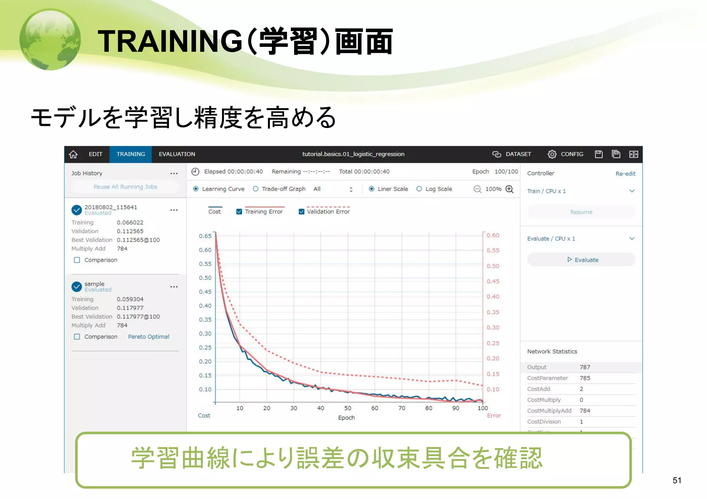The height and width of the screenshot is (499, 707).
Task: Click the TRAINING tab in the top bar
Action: coord(130,154)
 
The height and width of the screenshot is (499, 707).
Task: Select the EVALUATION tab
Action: coord(177,154)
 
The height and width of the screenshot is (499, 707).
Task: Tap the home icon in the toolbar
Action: coord(73,154)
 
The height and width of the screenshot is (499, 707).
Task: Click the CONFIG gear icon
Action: coord(552,154)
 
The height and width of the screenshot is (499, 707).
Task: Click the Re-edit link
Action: coord(625,173)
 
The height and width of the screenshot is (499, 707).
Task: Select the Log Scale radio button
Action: coord(419,189)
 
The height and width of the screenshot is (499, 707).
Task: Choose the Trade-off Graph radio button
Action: coord(255,189)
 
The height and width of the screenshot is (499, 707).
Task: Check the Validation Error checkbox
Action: coord(301,212)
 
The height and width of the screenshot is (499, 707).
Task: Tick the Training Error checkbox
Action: coord(239,212)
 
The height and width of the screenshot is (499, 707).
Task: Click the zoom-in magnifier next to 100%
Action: coord(510,189)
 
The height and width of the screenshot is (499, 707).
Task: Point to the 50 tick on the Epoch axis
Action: coord(348,408)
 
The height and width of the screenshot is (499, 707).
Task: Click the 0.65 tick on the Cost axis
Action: coord(205,236)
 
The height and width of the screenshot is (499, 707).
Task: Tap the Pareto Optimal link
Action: coord(148,337)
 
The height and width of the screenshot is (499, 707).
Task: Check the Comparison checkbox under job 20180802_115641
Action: coord(77,260)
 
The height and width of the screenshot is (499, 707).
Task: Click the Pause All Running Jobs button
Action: coord(125,187)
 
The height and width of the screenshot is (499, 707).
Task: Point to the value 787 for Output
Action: coord(585,367)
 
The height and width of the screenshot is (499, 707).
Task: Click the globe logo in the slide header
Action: coord(50,39)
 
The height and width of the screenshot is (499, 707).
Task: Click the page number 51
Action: coord(677,480)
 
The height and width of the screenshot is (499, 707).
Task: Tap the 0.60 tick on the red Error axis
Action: coord(493,235)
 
